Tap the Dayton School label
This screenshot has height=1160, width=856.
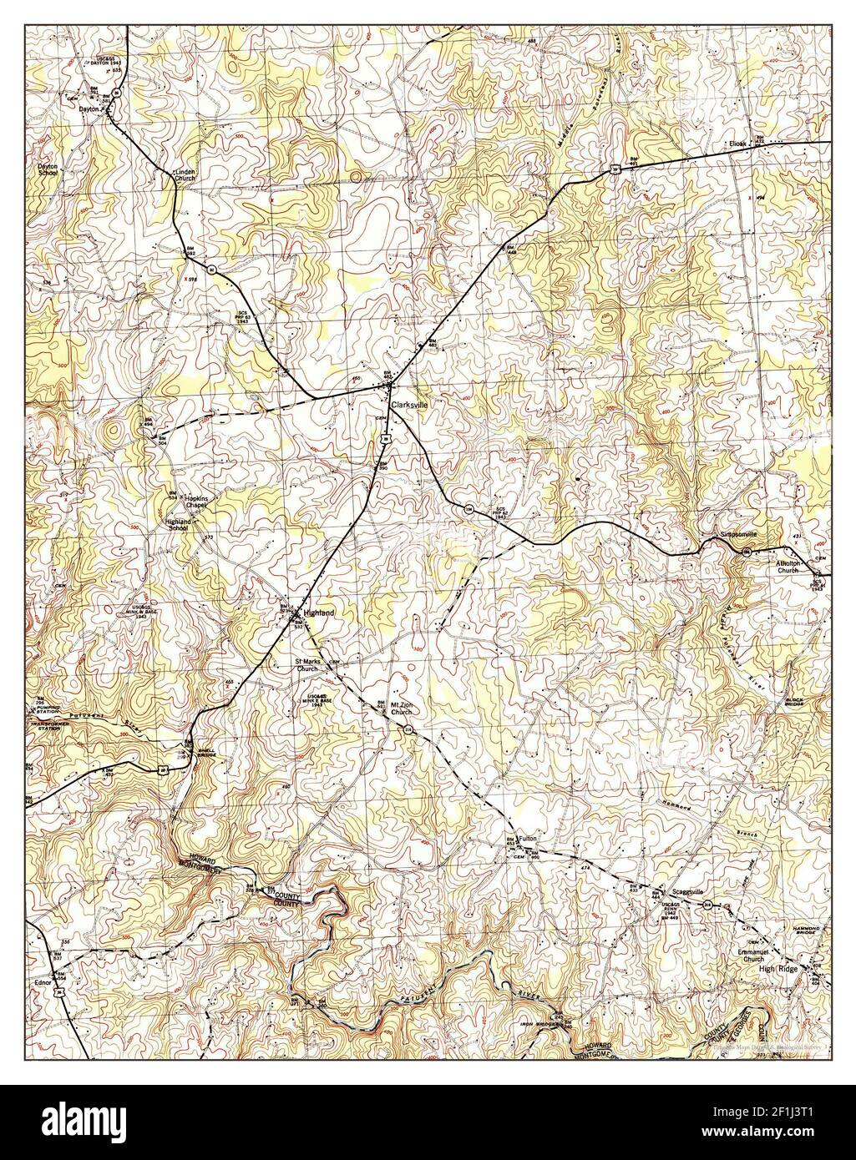[x=46, y=169]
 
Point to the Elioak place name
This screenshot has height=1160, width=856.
[x=737, y=143]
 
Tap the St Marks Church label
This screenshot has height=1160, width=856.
[x=306, y=666]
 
